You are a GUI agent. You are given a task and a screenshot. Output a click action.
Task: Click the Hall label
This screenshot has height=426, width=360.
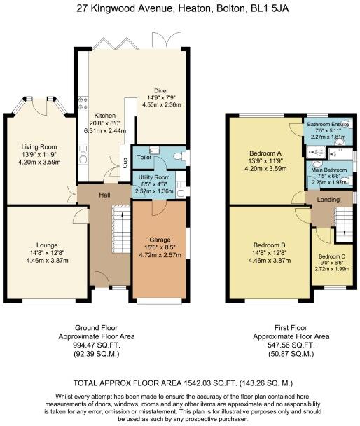pyautogui.click(x=106, y=195)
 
